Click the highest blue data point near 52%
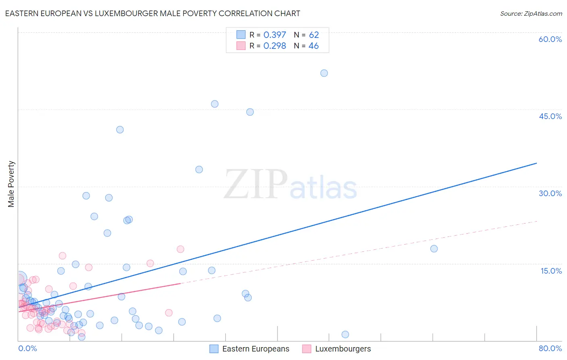[324, 73]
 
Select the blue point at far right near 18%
[434, 249]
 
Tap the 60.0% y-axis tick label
[550, 39]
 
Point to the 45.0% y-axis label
[550, 116]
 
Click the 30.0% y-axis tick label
[550, 193]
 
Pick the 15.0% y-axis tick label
[551, 271]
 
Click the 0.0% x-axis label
[27, 348]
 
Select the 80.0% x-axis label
[550, 348]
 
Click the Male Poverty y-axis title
[11, 184]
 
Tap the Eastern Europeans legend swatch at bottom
[214, 349]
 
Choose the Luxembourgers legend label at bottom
[343, 349]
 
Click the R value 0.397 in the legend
[275, 35]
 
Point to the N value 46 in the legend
[313, 46]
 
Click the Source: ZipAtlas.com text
[531, 14]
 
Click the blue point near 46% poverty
[215, 104]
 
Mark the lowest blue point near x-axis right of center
[345, 334]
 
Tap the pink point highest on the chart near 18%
[180, 249]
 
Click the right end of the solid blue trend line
[536, 163]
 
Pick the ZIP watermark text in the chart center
[255, 185]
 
